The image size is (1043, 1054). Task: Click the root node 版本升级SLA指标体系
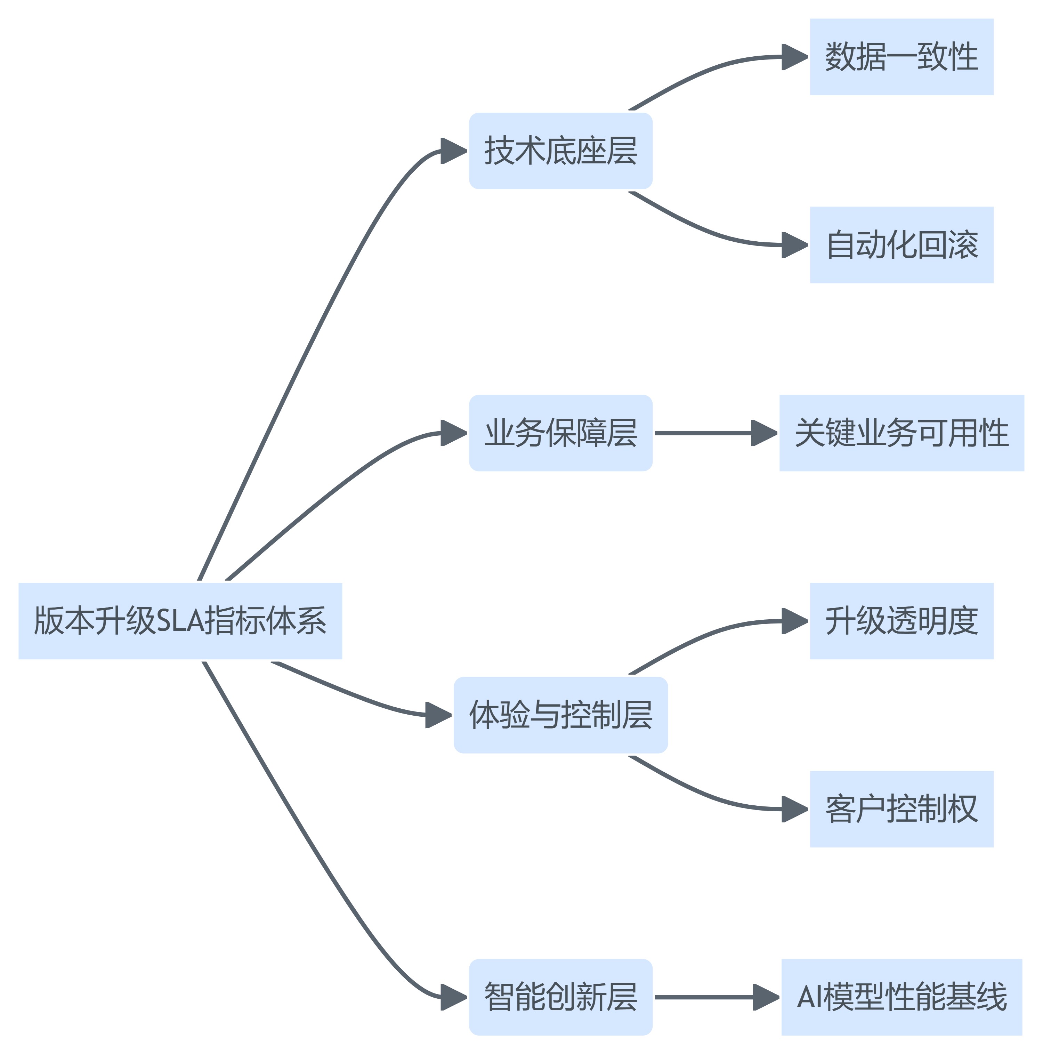180,621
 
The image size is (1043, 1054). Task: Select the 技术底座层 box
560,151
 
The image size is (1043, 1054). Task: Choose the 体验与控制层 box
560,715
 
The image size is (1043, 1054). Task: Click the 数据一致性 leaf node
901,57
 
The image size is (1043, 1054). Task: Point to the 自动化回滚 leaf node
901,245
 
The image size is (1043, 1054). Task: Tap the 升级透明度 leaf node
901,621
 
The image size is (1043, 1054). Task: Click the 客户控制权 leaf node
901,809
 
